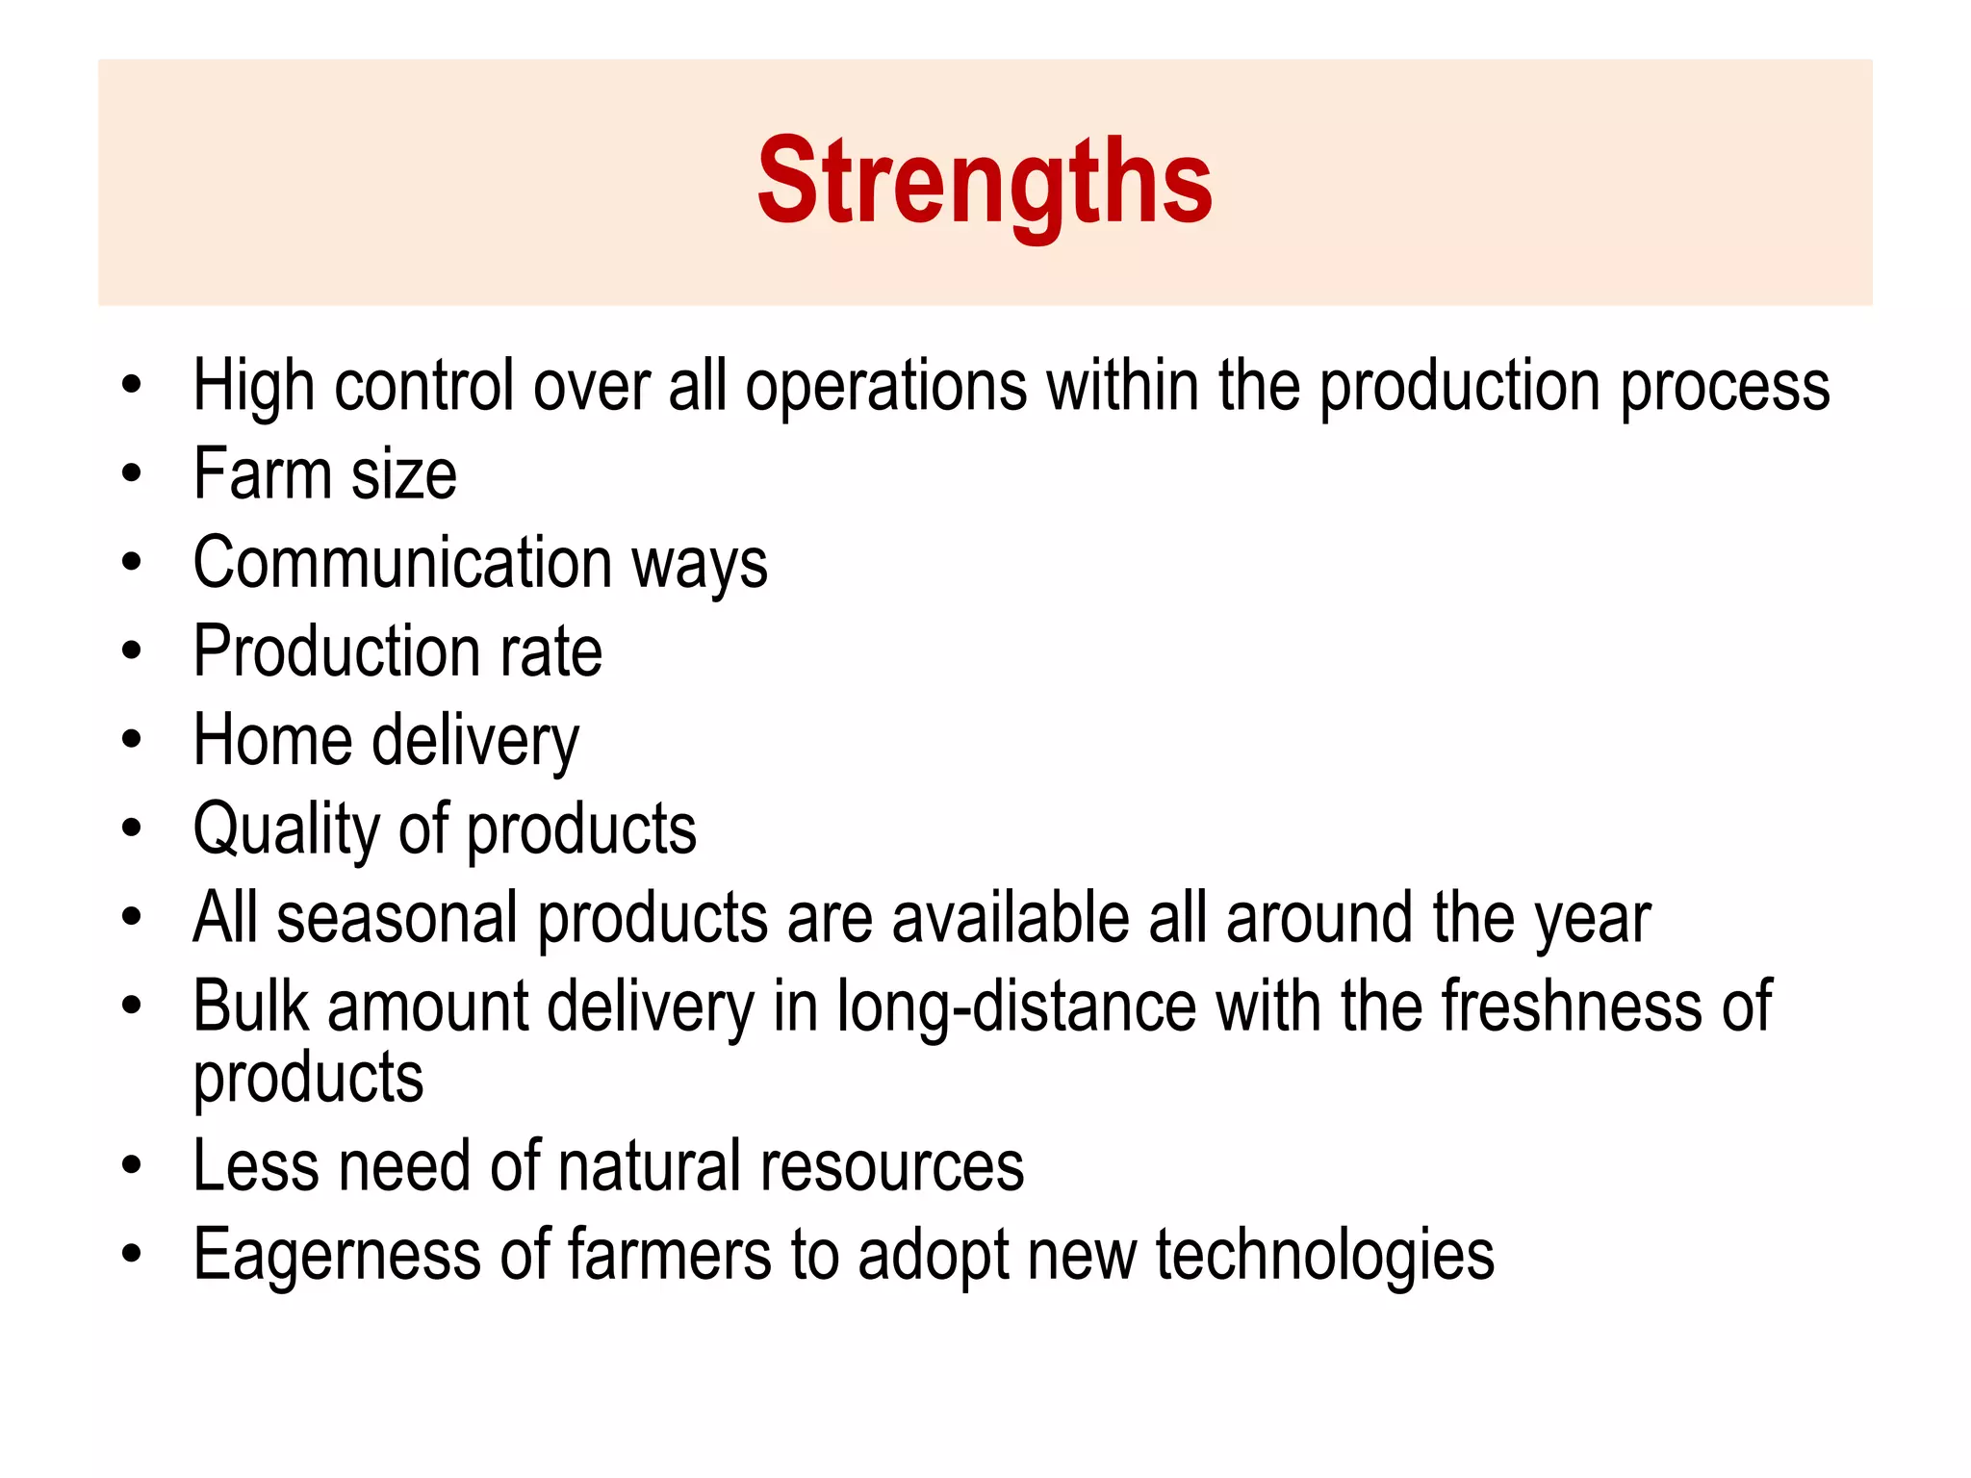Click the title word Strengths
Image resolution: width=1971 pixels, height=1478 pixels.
985,181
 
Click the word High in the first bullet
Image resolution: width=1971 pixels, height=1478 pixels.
253,386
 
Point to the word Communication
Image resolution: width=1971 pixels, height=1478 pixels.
402,563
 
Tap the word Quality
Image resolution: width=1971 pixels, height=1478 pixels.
287,829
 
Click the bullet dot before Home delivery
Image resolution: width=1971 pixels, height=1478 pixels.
132,740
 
